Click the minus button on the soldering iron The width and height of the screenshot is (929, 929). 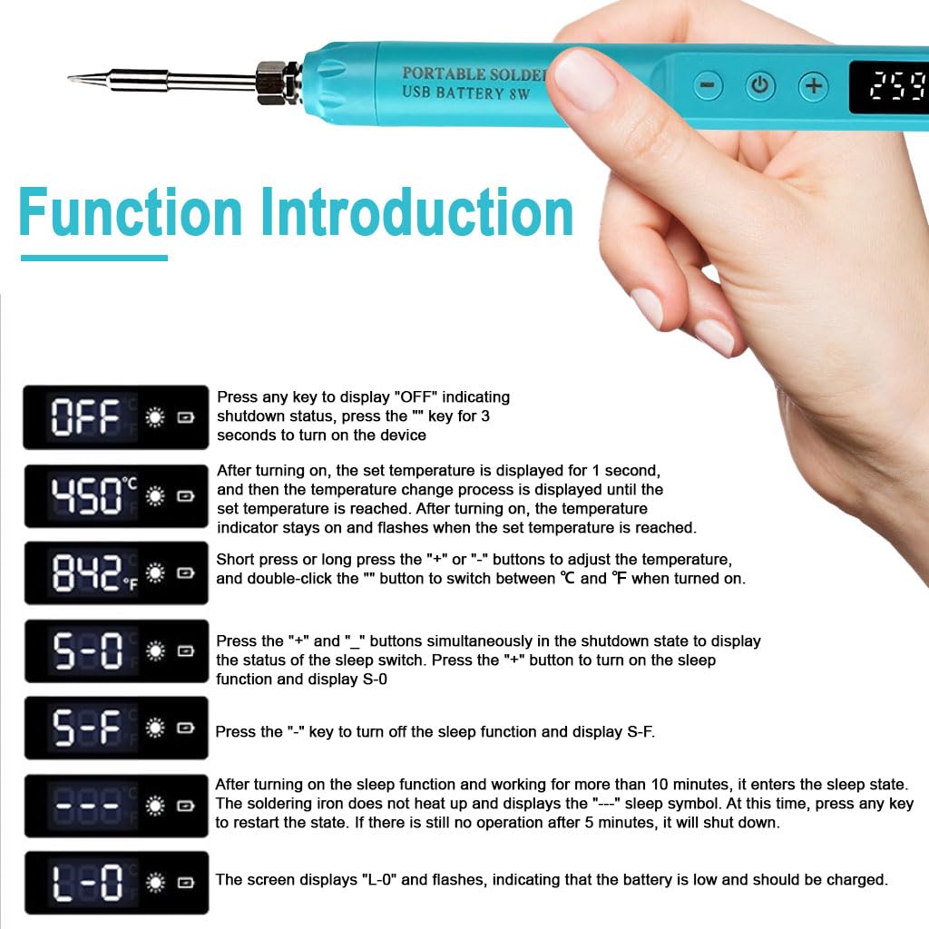click(708, 87)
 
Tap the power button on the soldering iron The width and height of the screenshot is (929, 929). click(760, 87)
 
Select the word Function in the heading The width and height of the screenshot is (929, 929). click(131, 213)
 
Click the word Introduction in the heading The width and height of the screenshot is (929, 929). click(417, 213)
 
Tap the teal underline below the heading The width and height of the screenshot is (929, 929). click(93, 259)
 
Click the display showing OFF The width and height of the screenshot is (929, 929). click(115, 418)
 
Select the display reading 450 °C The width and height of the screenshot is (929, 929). click(115, 496)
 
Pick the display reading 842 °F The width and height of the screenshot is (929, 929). click(115, 573)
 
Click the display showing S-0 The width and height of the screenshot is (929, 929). click(115, 650)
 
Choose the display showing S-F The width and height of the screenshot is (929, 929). click(115, 728)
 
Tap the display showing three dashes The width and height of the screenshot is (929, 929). click(115, 806)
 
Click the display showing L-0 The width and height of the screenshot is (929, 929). click(115, 883)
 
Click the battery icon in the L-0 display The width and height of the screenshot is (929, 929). click(186, 883)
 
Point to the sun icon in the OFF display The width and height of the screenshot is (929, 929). click(155, 418)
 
